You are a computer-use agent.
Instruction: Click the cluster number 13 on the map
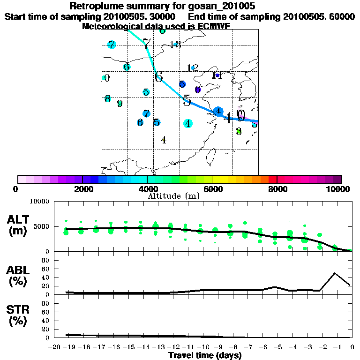point(175,45)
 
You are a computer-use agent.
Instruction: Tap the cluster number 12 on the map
point(193,68)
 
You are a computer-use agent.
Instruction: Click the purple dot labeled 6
point(198,89)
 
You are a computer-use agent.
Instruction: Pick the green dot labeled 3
point(239,131)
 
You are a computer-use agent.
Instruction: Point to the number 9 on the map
point(120,104)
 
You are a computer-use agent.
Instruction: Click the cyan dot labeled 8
point(108,99)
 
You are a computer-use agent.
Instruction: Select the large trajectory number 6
point(159,76)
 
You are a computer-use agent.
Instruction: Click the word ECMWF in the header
point(215,26)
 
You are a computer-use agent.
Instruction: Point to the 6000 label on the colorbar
point(212,189)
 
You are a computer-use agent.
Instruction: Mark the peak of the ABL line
point(335,273)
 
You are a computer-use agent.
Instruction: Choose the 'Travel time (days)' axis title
point(205,356)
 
